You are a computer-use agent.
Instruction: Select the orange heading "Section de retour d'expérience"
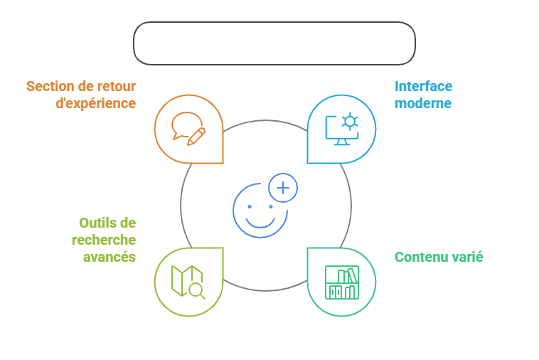81,95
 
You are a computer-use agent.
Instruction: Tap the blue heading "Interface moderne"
423,95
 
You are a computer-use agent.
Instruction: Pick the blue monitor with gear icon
341,129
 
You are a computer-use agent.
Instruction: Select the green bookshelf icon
341,282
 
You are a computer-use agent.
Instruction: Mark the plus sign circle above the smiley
283,188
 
